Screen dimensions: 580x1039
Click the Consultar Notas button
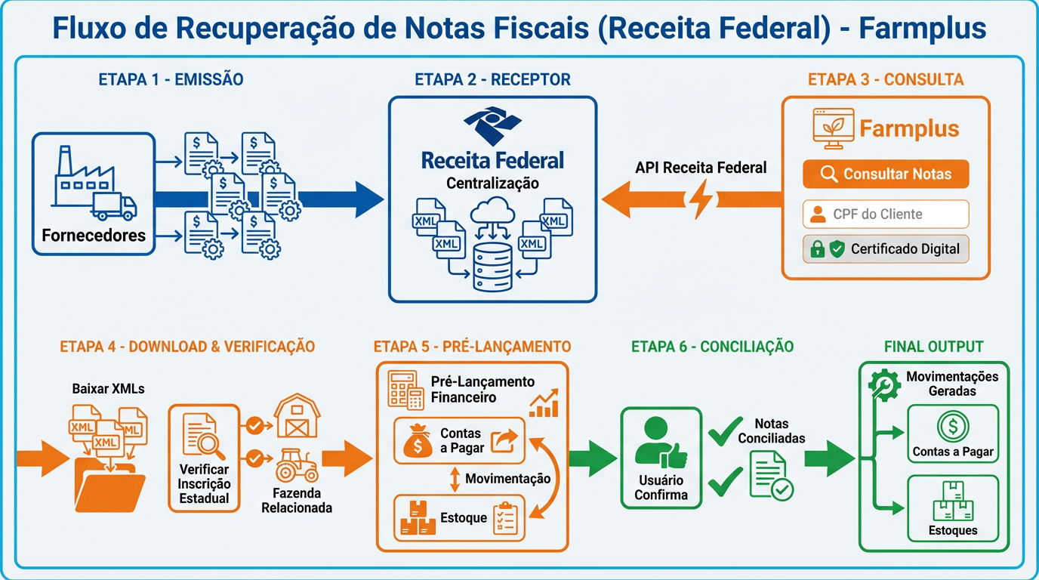(x=886, y=174)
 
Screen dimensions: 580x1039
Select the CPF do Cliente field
(x=886, y=214)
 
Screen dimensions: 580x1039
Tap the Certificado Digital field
(x=886, y=248)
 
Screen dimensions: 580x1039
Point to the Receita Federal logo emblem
(x=492, y=125)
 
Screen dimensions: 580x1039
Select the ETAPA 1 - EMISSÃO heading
(x=171, y=79)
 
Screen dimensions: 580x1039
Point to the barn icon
(x=297, y=416)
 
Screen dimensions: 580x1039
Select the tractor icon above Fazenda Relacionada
(x=297, y=466)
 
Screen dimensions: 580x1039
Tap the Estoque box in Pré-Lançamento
(x=459, y=517)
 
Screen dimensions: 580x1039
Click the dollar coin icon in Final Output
(x=953, y=427)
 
